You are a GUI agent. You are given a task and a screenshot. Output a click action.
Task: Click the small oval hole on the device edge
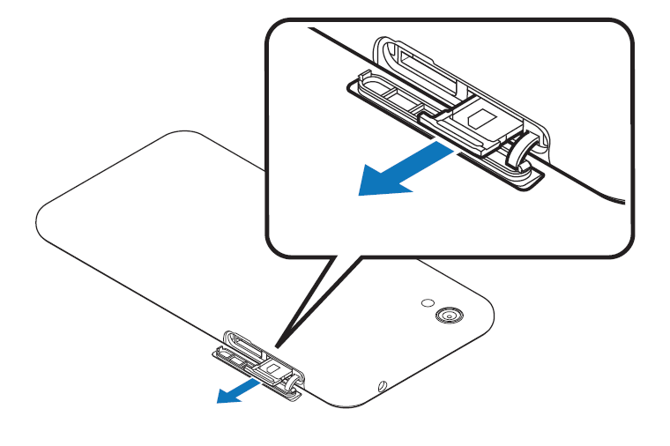pos(381,385)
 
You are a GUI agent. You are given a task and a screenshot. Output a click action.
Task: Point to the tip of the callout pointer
pos(277,346)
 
